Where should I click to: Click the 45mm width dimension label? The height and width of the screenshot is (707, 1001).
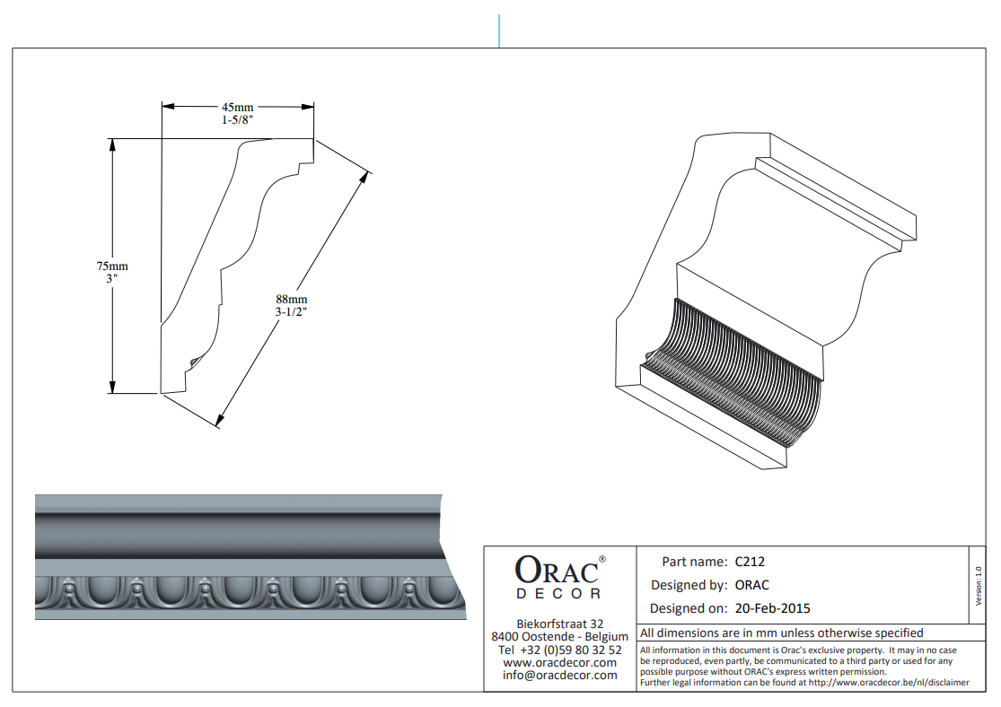point(238,107)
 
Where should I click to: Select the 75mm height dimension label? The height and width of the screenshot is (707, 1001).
point(112,266)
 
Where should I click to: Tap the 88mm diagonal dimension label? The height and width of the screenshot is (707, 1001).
point(292,300)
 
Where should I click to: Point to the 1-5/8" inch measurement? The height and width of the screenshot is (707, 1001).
point(238,120)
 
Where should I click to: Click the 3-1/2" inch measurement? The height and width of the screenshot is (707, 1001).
point(291,312)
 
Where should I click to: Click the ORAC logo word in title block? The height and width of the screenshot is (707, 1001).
point(557,570)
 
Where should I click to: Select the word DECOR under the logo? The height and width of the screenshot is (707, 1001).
point(558,594)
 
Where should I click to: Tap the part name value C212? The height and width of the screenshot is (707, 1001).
point(750,562)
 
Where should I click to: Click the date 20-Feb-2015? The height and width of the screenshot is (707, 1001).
point(772,608)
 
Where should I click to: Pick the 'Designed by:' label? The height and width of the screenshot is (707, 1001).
point(689,585)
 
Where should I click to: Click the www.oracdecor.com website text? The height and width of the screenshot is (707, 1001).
point(560,662)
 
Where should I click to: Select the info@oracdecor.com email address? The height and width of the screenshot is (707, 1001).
point(560,675)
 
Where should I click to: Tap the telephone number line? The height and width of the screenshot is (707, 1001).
point(560,650)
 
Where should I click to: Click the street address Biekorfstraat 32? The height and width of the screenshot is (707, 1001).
point(560,624)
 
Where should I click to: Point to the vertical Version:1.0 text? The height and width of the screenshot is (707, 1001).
point(978,586)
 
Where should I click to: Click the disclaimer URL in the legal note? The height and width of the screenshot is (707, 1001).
point(889,683)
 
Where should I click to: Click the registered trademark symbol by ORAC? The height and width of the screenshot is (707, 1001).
point(602,559)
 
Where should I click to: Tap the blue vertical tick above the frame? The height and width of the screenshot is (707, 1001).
point(498,31)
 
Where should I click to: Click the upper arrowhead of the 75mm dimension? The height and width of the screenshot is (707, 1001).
point(112,144)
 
